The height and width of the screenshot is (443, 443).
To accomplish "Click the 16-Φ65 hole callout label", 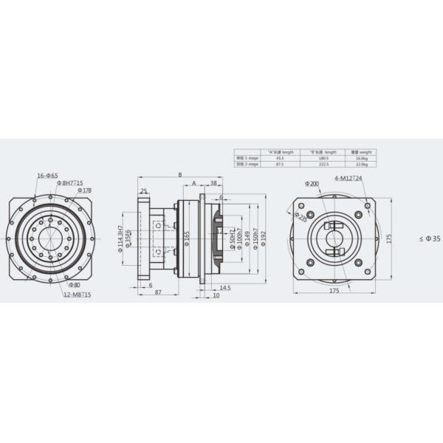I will [48, 175].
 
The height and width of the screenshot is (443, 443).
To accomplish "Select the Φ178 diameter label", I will [84, 190].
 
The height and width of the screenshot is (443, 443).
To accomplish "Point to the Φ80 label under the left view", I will [75, 284].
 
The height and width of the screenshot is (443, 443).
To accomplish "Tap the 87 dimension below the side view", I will [159, 293].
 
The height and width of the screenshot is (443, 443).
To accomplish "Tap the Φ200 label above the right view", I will [311, 183].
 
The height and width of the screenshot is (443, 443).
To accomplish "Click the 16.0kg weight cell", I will [361, 158].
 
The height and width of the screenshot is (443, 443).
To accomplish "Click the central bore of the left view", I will [49, 238].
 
